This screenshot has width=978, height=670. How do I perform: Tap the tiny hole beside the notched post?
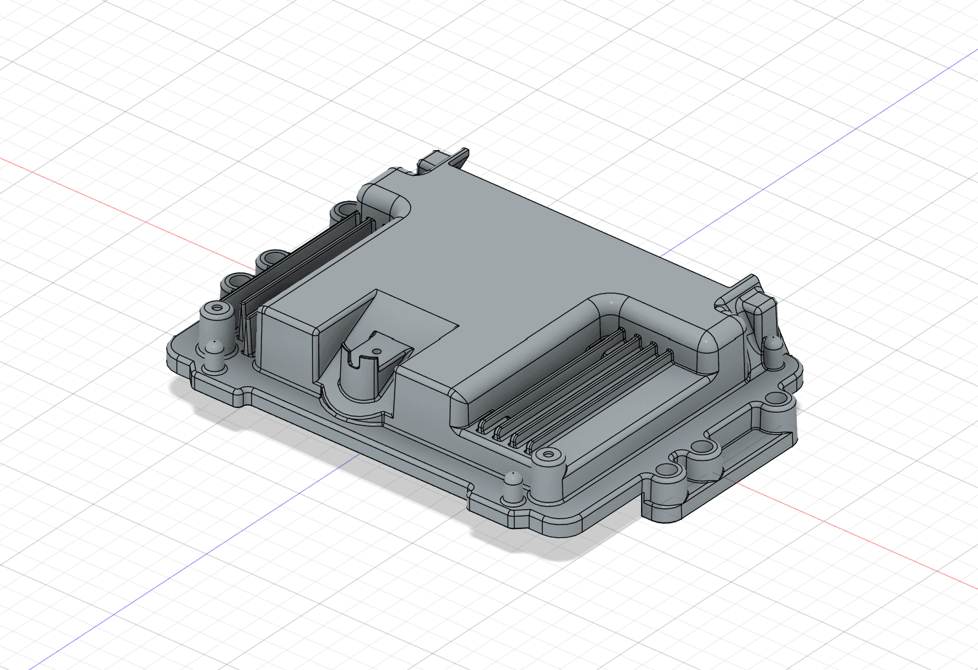coord(376,353)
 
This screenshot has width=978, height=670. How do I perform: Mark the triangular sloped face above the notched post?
coord(353,320)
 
